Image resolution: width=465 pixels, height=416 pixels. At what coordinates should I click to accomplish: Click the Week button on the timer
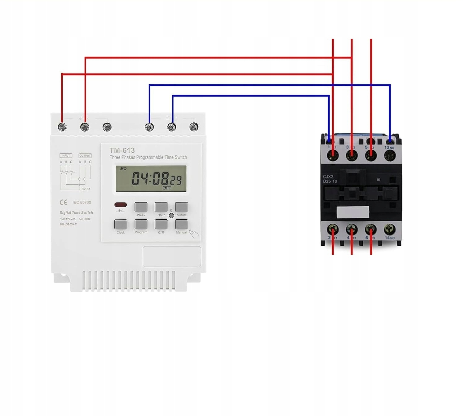tap(141, 207)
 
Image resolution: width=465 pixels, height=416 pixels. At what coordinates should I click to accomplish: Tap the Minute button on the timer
tap(181, 207)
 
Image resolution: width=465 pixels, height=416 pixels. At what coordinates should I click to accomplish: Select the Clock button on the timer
tap(121, 224)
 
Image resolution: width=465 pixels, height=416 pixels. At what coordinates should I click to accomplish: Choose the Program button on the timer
tap(141, 224)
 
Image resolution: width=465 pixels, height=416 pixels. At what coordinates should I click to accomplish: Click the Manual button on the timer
tap(181, 224)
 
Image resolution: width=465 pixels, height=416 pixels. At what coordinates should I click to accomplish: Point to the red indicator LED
tap(121, 205)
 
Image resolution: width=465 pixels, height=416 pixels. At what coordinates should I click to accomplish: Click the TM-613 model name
tap(122, 151)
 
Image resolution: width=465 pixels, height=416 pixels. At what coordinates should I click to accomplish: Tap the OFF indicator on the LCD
tap(167, 188)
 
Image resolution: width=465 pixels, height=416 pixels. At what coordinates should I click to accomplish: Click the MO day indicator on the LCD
tap(123, 169)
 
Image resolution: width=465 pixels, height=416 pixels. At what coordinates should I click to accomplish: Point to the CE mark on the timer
tap(63, 203)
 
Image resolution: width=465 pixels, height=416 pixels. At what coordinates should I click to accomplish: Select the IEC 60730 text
tap(82, 203)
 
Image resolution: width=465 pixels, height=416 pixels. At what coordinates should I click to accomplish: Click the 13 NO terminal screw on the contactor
tap(390, 155)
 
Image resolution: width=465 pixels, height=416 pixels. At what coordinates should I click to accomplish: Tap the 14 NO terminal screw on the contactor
tap(390, 230)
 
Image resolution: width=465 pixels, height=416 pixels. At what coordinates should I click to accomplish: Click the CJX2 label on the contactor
tap(328, 177)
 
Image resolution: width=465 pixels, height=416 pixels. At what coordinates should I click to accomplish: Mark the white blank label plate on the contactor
tap(353, 212)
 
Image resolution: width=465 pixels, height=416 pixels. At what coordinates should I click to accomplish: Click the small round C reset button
tap(171, 216)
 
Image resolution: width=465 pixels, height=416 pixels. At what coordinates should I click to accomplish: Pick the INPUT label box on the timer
tap(66, 155)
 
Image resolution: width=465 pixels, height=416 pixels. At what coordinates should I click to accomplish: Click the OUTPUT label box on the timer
tap(85, 155)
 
